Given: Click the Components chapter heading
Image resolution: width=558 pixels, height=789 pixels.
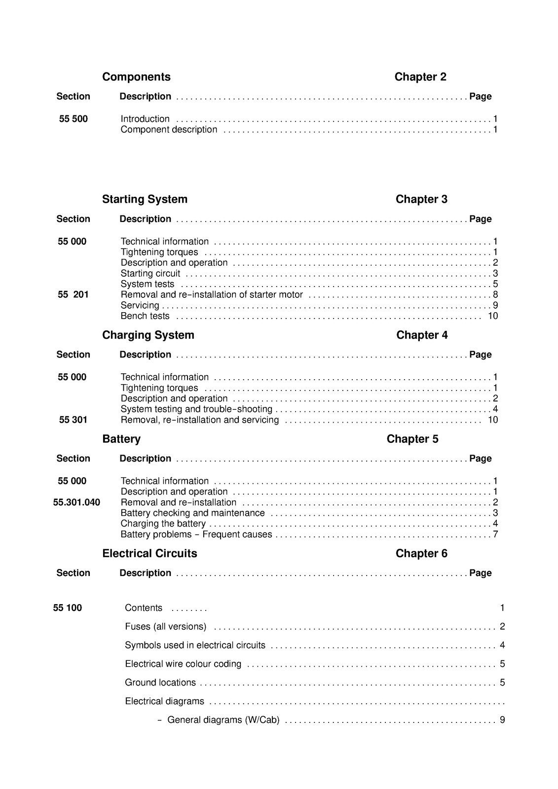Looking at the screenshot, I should click(136, 77).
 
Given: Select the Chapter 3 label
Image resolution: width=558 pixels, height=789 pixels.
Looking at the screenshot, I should click(421, 199).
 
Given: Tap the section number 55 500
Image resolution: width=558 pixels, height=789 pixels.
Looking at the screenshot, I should click(73, 119).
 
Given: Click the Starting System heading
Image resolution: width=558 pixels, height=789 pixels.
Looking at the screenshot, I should click(145, 199).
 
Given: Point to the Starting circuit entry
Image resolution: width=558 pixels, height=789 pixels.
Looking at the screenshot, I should click(150, 274).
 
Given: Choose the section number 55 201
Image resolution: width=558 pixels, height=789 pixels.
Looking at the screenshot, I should click(73, 295).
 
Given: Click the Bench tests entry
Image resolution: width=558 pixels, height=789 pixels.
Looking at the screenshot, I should click(145, 316).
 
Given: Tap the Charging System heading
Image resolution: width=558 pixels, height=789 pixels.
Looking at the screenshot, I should click(148, 335).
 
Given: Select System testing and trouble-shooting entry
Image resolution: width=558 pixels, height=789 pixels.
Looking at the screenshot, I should click(196, 409).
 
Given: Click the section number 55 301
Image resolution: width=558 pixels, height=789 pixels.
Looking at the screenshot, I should click(73, 420).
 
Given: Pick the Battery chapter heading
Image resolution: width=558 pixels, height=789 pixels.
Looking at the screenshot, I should click(121, 439).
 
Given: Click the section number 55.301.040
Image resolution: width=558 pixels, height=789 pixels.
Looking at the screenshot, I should click(76, 502).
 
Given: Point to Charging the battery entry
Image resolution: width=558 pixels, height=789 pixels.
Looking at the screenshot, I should click(163, 524).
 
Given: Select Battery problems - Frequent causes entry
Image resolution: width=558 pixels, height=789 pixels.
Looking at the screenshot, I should click(196, 535).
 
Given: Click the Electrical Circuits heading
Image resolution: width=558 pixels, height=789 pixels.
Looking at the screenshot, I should click(149, 553).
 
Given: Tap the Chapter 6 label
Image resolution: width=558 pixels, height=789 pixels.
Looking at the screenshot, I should click(421, 553).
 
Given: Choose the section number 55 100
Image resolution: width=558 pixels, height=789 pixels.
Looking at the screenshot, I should click(68, 608).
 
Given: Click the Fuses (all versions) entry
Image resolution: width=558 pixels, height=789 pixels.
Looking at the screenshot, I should click(166, 627).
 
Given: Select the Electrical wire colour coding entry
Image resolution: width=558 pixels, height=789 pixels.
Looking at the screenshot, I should click(183, 664).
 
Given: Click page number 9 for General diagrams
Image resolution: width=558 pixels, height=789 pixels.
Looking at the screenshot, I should click(502, 720).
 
